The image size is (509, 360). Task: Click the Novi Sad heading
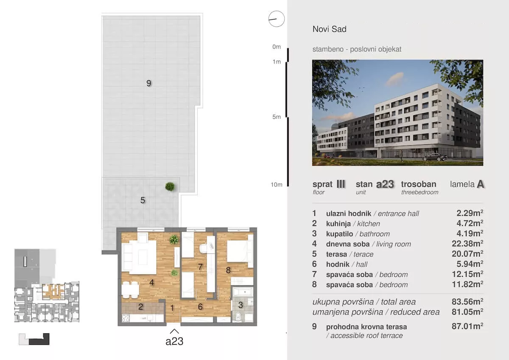coord(329,29)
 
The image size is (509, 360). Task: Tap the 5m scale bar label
coord(277,117)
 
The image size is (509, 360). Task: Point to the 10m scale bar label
coord(277,185)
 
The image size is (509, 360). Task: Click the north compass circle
coord(276,19)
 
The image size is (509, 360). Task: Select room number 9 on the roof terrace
coord(148,83)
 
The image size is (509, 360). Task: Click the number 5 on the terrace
coord(143,200)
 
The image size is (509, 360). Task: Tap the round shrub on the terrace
coord(170,186)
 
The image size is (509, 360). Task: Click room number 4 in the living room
coord(151,282)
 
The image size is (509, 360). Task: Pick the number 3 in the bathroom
coord(241,305)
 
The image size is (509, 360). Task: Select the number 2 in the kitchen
coord(141,307)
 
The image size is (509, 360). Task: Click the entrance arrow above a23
coord(174,331)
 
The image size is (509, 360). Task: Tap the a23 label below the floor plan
coord(174,341)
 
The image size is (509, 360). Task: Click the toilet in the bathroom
coord(238,317)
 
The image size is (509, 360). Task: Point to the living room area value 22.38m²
coord(467,244)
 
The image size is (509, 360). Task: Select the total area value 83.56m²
coord(467,301)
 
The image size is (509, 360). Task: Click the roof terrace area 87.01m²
coord(467,326)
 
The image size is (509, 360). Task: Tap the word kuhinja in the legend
coord(338,224)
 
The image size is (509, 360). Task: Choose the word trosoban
coord(419,184)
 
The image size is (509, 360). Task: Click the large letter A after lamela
coord(480,184)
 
